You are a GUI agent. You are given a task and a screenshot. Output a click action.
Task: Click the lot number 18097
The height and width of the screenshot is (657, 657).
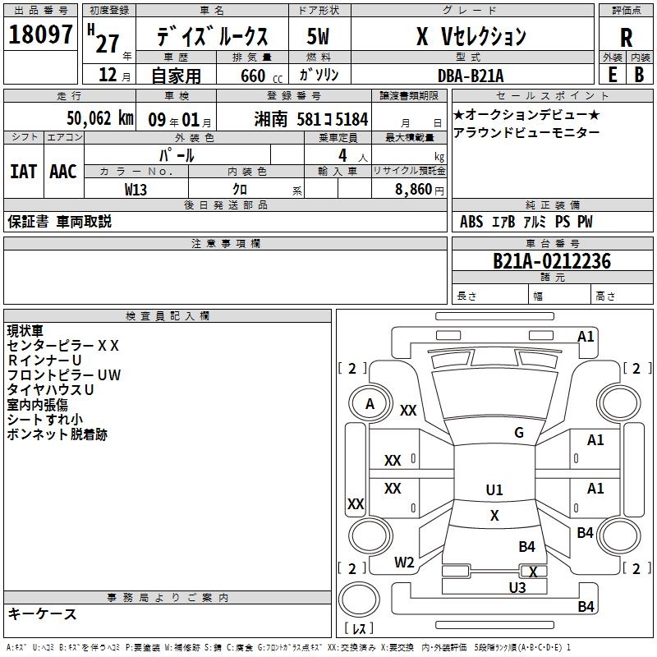[x=41, y=36]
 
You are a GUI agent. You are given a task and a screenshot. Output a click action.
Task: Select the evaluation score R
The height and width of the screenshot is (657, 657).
[x=626, y=37]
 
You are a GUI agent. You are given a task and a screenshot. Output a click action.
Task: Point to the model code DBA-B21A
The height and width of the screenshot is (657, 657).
[x=471, y=75]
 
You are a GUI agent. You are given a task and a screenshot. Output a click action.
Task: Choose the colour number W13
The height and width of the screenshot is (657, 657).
[x=136, y=189]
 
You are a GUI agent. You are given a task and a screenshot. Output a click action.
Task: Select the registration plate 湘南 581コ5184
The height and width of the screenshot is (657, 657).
[x=312, y=118]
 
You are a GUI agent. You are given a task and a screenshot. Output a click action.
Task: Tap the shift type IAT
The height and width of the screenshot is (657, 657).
[x=23, y=172]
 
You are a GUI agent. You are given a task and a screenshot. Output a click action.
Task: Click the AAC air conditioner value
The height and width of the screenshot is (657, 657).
[x=63, y=172]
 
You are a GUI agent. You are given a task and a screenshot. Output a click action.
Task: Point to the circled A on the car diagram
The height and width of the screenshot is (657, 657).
[x=370, y=404]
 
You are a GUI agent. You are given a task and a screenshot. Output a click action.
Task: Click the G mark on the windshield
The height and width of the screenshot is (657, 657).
[x=519, y=433]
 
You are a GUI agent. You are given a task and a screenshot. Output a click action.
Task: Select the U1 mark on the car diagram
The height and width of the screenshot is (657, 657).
[x=494, y=490]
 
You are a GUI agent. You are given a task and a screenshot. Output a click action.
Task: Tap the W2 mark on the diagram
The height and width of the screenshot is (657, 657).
[x=404, y=563]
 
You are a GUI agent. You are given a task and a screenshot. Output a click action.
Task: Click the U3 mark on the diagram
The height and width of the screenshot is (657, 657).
[x=517, y=587]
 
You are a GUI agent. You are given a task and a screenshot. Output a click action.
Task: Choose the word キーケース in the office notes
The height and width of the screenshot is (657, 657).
[x=43, y=613]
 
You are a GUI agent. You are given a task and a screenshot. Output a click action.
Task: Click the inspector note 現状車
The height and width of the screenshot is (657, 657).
[x=25, y=331]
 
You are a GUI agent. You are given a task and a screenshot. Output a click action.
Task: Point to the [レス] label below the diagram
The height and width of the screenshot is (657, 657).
[x=359, y=629]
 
